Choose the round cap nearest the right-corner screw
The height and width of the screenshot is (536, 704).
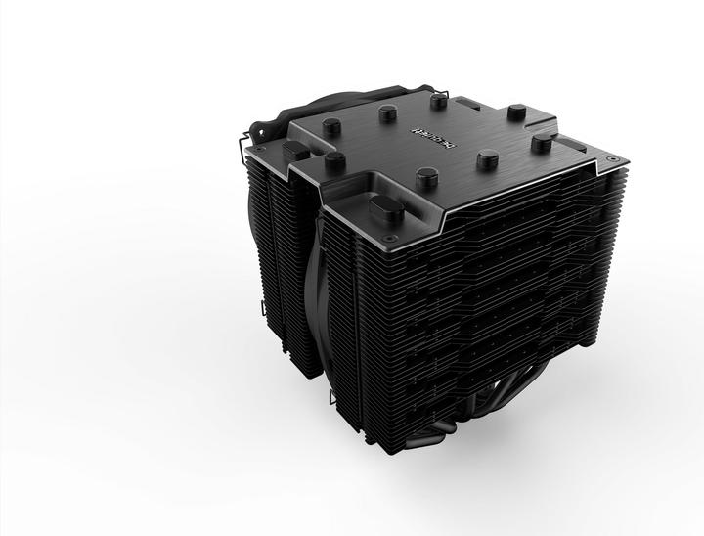click(x=538, y=144)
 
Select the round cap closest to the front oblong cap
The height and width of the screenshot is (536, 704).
click(x=423, y=176)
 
